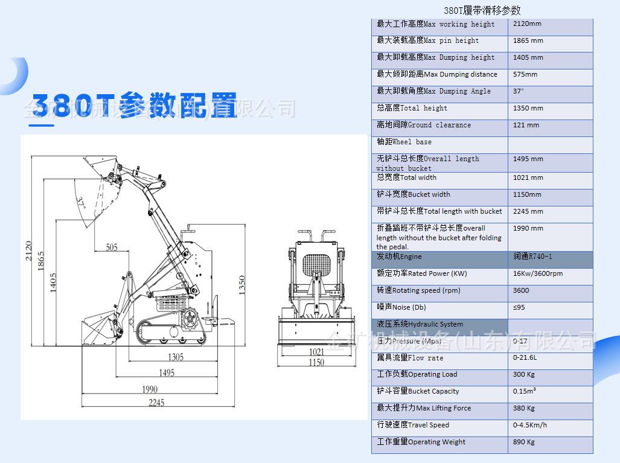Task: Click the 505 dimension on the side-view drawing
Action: [112, 247]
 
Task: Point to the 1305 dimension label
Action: [176, 356]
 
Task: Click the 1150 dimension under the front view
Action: [316, 362]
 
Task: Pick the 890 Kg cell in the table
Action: [524, 442]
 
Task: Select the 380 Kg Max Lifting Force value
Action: [524, 408]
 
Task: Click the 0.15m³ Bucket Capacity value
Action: [525, 391]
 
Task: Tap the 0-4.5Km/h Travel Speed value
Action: [530, 425]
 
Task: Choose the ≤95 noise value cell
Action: [520, 307]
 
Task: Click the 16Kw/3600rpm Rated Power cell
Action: [538, 273]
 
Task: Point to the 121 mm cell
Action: [526, 125]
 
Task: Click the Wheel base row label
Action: [404, 142]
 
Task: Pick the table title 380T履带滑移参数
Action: [482, 10]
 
